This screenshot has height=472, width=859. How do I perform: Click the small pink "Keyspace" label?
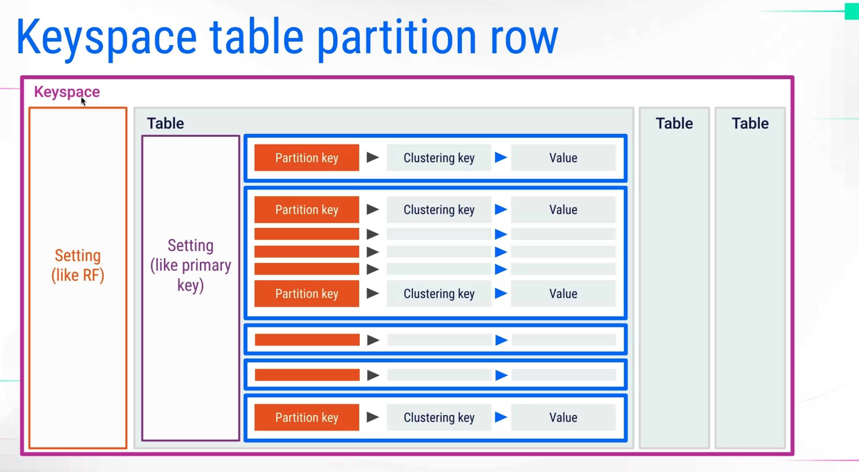tap(67, 92)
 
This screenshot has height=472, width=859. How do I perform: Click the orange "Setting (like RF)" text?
tap(78, 265)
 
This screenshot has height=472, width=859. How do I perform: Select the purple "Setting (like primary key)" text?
tap(190, 265)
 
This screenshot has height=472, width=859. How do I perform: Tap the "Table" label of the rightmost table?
tap(750, 123)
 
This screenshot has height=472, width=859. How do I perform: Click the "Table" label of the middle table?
tap(674, 123)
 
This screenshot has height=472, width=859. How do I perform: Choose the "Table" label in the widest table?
tap(165, 123)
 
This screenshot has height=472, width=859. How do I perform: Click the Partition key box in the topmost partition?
tap(307, 158)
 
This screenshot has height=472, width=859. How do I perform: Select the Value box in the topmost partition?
tap(563, 158)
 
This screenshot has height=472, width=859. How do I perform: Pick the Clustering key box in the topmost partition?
tap(439, 158)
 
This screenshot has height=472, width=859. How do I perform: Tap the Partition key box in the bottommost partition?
tap(307, 417)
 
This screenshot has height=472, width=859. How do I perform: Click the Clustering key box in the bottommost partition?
tap(439, 417)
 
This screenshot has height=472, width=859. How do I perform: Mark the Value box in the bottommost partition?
tap(563, 417)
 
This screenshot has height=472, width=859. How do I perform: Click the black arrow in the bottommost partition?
tap(373, 417)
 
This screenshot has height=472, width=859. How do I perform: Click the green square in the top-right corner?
tap(852, 11)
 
